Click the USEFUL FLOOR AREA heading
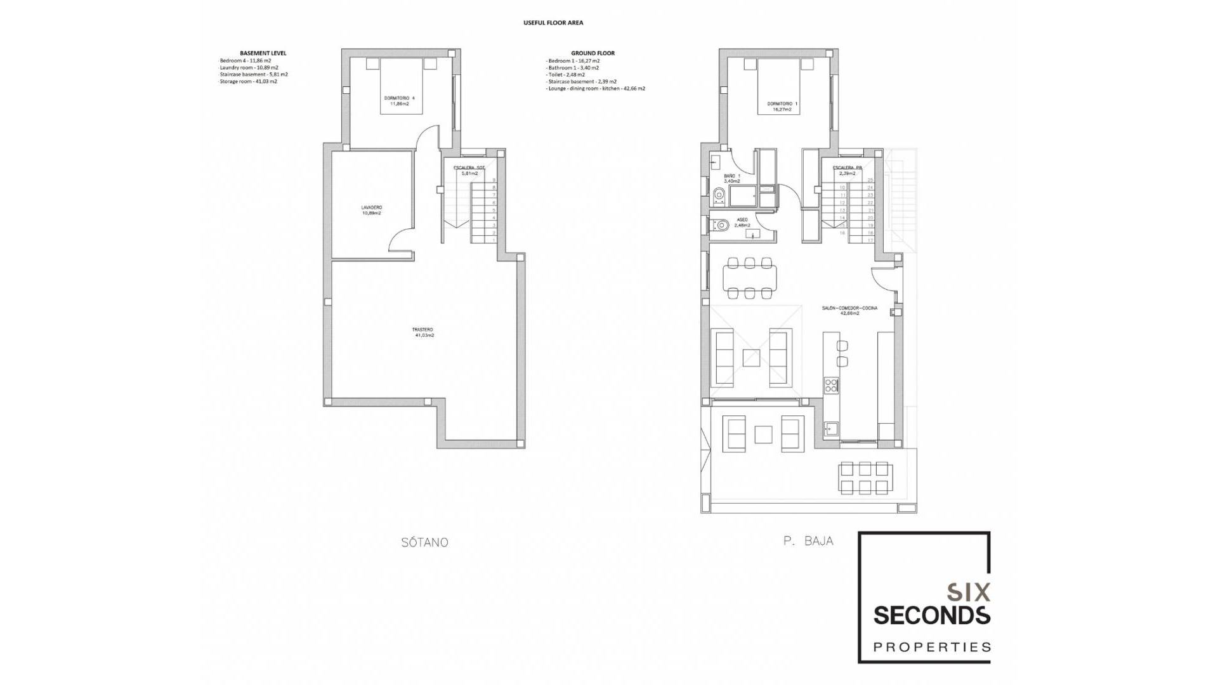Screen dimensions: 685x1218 pyautogui.click(x=553, y=23)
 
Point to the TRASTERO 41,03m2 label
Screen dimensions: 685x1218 pyautogui.click(x=423, y=332)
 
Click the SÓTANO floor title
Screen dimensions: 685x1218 pyautogui.click(x=424, y=542)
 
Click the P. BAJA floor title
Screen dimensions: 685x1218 pyautogui.click(x=808, y=541)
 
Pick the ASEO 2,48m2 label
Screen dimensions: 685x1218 pyautogui.click(x=742, y=223)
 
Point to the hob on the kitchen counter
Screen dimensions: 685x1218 pyautogui.click(x=830, y=384)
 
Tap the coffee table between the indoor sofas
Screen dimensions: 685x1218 pyautogui.click(x=752, y=358)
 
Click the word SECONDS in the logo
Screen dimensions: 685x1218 pyautogui.click(x=931, y=615)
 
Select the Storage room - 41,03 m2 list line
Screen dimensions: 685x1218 pyautogui.click(x=248, y=81)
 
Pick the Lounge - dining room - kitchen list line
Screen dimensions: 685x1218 pyautogui.click(x=596, y=89)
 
